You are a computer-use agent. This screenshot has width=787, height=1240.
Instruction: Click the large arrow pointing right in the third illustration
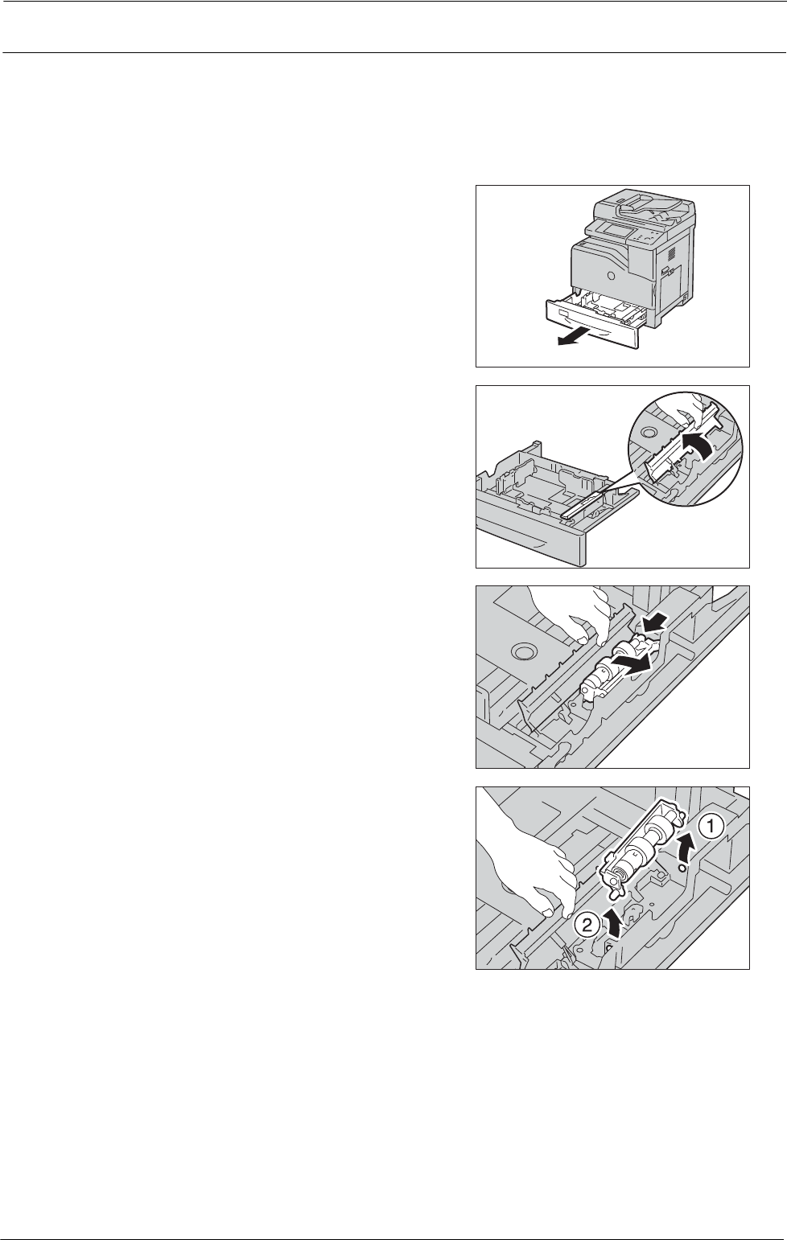click(632, 662)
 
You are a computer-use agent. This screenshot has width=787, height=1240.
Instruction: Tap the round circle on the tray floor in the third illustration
click(523, 650)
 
